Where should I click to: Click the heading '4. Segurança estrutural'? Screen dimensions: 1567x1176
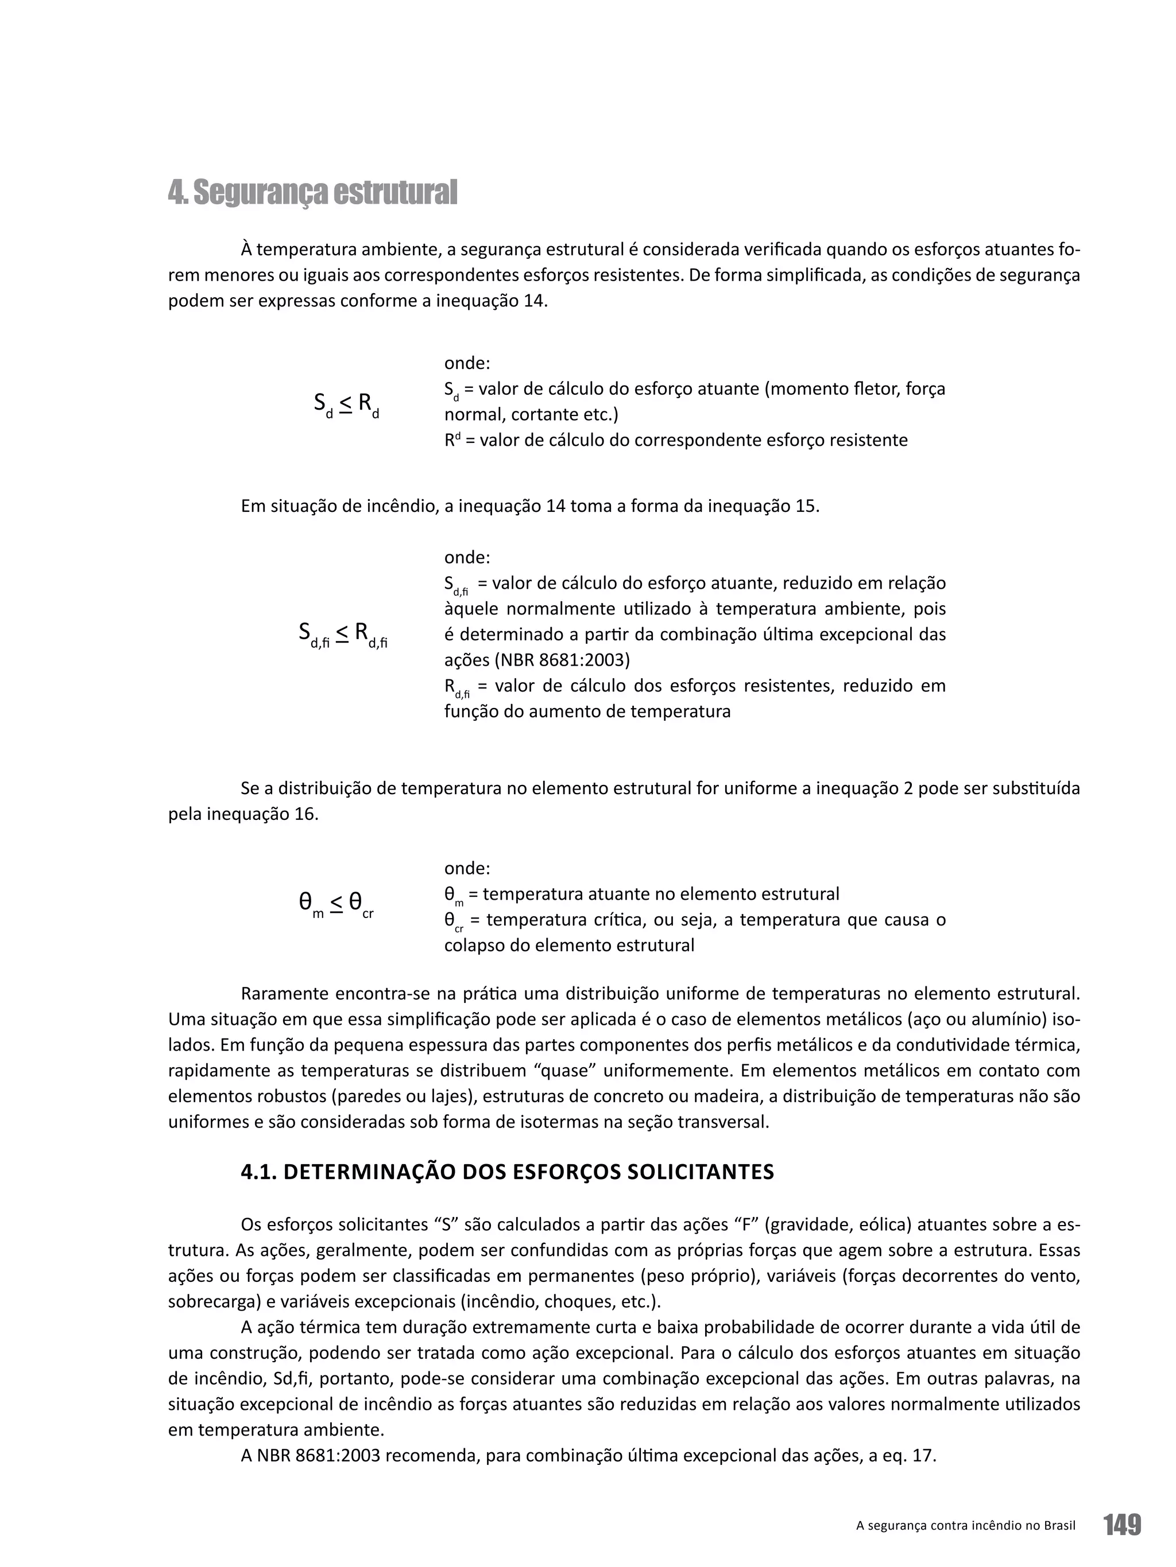312,193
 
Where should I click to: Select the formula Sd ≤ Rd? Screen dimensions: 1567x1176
346,405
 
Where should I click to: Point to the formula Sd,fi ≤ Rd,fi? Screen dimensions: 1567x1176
342,634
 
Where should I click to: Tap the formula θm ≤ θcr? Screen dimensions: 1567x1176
336,904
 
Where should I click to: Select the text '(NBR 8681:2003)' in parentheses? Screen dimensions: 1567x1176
563,660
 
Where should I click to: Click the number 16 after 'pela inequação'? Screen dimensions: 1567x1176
305,814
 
